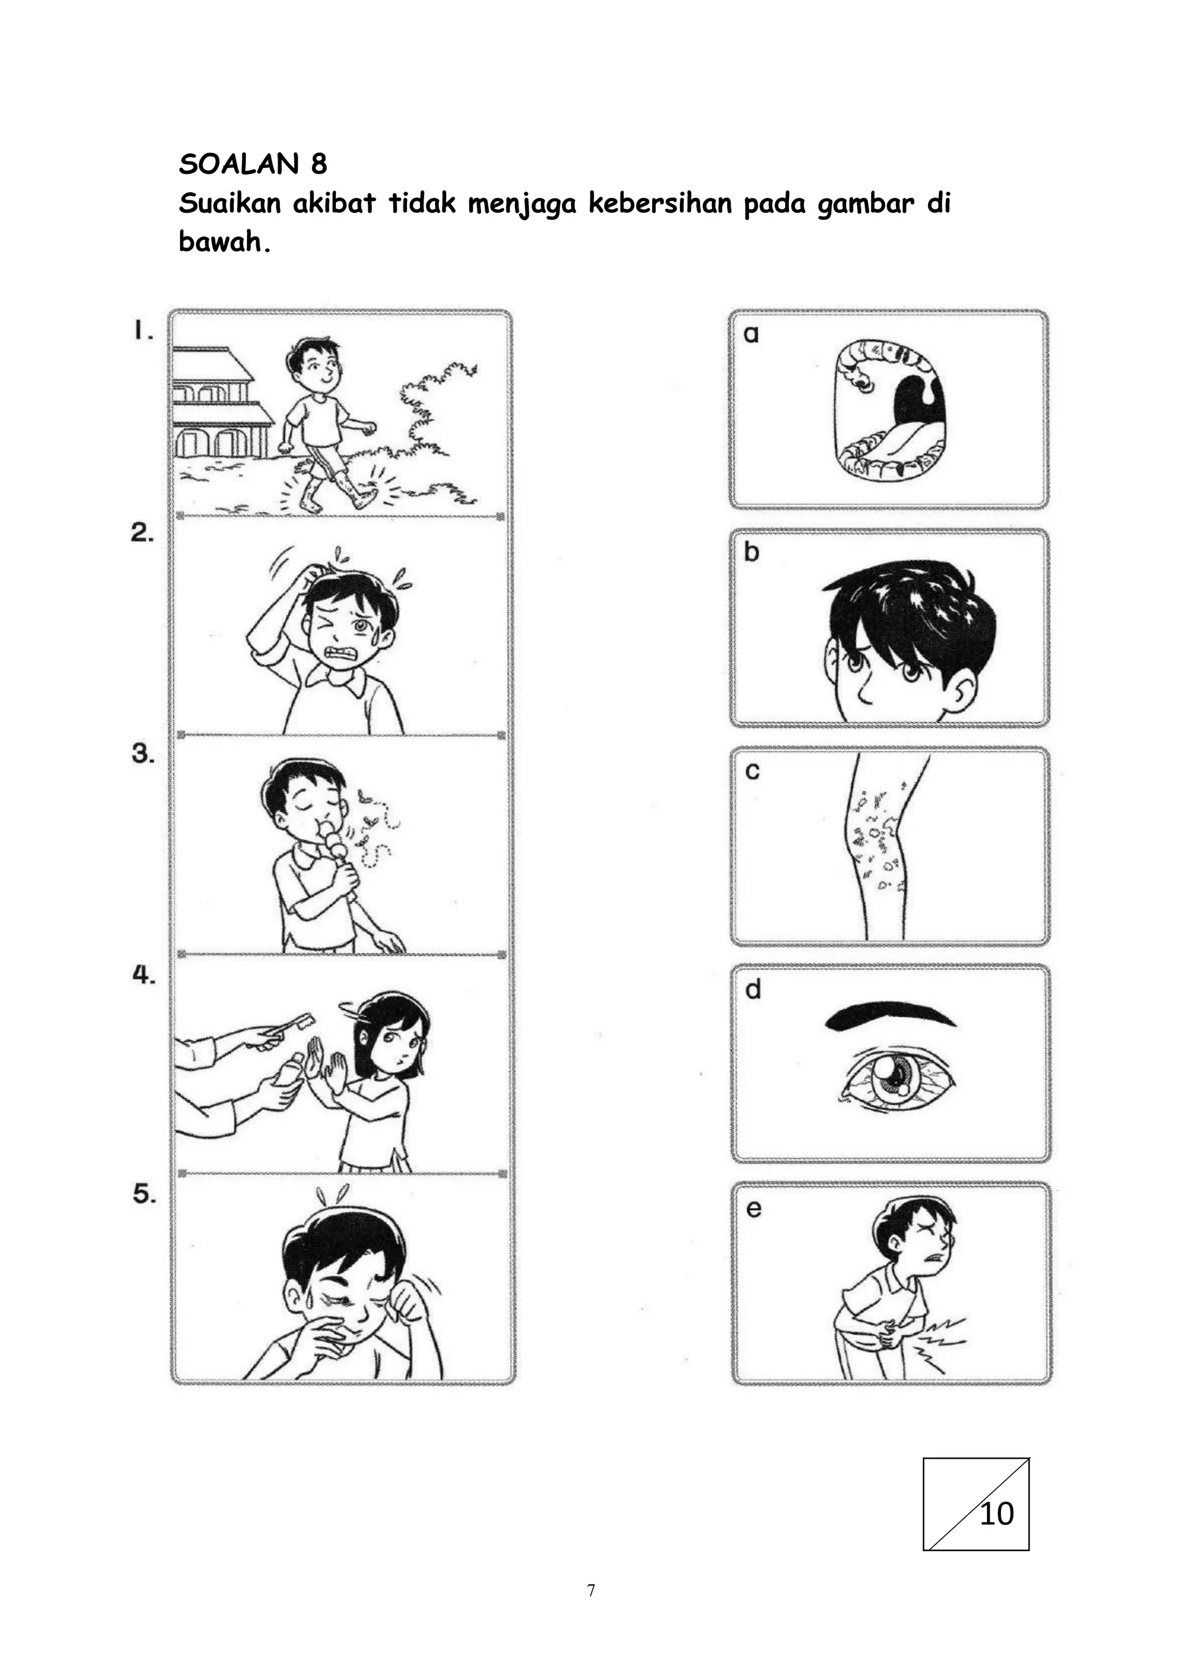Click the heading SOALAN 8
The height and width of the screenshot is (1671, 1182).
click(x=253, y=164)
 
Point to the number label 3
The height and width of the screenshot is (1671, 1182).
click(x=143, y=753)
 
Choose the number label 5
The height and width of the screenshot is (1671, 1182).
click(x=144, y=1194)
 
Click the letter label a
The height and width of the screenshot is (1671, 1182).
click(x=751, y=334)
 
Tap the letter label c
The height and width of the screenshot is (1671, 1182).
click(x=752, y=771)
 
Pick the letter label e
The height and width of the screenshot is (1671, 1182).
click(x=753, y=1209)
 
